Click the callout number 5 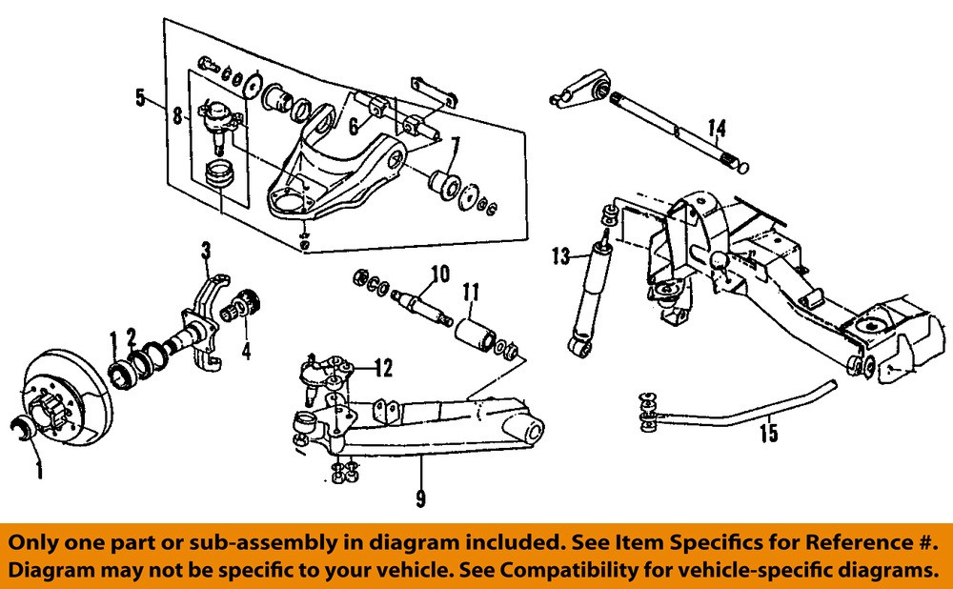point(140,96)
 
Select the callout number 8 point(177,118)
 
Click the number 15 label point(769,434)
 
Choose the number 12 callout point(383,366)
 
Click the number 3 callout point(205,252)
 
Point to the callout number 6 point(353,125)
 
